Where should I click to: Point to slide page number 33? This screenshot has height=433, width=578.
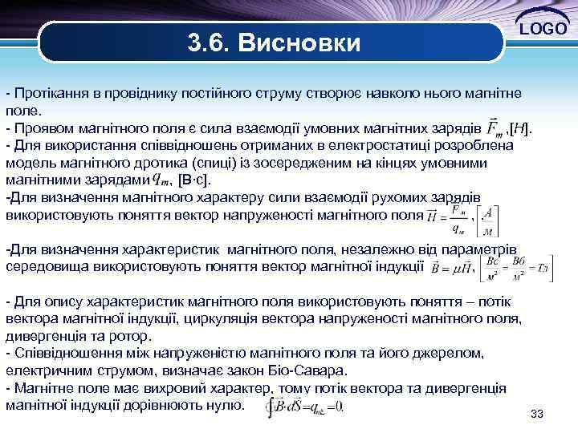click(x=537, y=413)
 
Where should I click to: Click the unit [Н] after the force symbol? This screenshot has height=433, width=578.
click(x=521, y=127)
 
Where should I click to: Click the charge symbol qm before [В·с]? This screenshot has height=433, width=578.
click(x=161, y=179)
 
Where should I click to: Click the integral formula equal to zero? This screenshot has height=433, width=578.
click(x=305, y=407)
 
